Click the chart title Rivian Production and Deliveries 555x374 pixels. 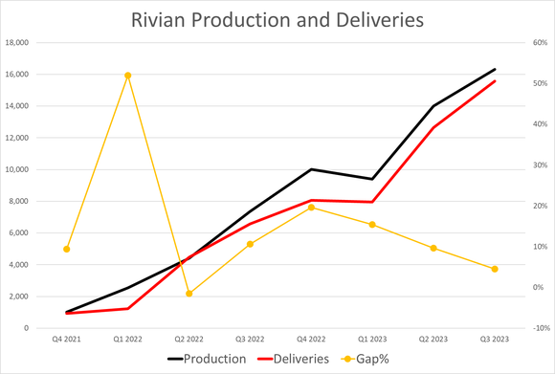coord(277,19)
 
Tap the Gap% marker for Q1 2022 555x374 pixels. coord(127,76)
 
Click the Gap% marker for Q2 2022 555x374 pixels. coord(189,294)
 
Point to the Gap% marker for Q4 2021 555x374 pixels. coord(66,250)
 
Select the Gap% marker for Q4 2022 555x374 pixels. coord(311,208)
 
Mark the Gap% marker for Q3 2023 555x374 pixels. coord(495,269)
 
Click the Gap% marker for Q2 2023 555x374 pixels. coord(433,249)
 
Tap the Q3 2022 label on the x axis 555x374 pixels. coord(250,339)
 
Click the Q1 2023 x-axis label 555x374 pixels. coord(372,339)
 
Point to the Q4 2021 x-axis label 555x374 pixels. coord(66,339)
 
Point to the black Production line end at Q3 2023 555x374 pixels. coord(495,69)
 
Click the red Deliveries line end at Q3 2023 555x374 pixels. coord(495,81)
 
